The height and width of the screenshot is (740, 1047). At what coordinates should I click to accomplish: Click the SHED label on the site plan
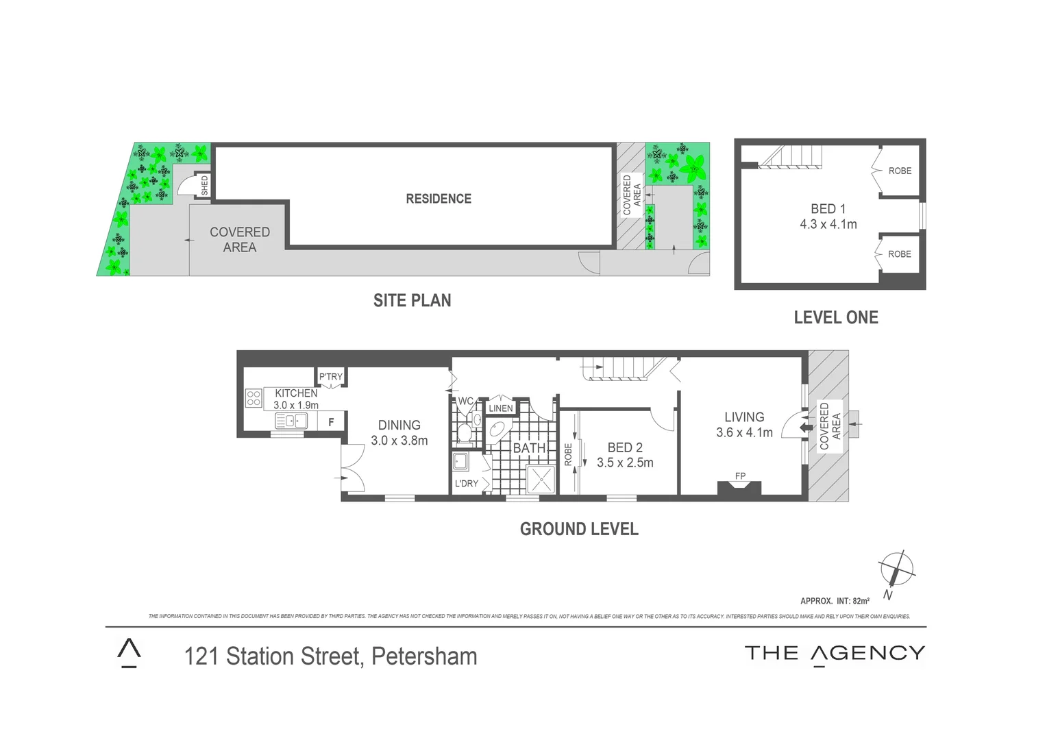coord(204,186)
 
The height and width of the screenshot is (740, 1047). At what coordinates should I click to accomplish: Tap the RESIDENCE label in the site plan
coord(439,199)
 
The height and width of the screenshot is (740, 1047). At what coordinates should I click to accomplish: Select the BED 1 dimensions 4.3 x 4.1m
coord(828,224)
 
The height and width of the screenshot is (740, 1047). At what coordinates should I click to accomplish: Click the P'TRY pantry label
coord(330,377)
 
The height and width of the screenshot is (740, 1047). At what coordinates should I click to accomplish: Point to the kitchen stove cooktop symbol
coord(254,398)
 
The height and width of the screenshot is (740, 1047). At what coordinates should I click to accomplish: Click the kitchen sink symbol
coord(291,421)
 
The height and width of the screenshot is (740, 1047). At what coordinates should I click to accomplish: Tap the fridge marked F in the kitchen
coord(331,422)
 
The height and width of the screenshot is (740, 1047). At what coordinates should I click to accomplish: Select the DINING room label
coord(399,425)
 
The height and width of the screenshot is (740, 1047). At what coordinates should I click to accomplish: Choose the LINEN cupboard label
coord(500,408)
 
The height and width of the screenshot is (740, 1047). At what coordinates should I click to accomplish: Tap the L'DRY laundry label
coord(467,484)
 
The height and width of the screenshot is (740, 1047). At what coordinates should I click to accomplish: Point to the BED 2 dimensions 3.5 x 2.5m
coord(625,463)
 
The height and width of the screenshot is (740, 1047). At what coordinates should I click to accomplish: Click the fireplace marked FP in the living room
coord(739,486)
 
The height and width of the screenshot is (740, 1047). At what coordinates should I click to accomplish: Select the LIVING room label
coord(744,417)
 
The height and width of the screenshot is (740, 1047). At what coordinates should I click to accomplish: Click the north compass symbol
coord(896,569)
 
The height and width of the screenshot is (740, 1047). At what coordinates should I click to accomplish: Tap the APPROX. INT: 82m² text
coord(835,601)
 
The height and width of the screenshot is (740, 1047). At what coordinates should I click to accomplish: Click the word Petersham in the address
coord(423,656)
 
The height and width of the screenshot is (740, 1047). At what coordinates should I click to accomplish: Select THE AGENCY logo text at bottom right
coord(835,654)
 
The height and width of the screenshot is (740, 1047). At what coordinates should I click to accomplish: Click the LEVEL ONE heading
coord(835,317)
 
